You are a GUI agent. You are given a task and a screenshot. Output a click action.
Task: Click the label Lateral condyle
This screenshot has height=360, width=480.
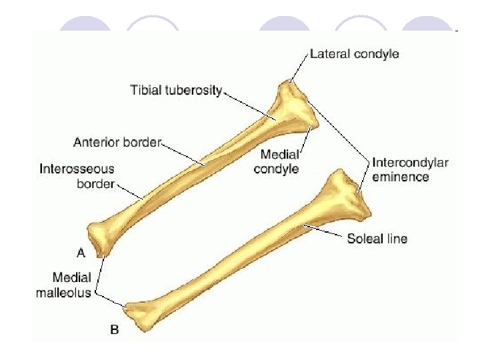354,53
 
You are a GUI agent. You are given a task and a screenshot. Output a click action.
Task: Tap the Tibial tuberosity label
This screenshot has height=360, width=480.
175,90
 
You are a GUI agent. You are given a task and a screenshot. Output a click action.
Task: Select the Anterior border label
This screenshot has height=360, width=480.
117,142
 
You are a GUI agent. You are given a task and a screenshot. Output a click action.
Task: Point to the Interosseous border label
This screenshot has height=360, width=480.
77,176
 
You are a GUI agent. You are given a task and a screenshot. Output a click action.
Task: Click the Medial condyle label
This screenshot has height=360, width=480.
276,162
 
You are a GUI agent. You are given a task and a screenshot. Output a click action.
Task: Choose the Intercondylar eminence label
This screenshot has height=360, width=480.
410,169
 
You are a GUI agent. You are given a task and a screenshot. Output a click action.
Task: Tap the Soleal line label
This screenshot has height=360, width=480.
377,238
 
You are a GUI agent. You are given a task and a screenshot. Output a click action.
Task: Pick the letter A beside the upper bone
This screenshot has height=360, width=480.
81,253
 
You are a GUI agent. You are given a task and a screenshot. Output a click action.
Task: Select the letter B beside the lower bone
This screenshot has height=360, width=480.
115,329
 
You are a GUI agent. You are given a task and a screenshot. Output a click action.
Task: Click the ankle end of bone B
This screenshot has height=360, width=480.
142,314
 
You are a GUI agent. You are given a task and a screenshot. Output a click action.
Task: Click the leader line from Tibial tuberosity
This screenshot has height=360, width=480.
250,105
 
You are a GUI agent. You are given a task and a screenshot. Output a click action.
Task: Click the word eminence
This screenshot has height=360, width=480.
400,177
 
